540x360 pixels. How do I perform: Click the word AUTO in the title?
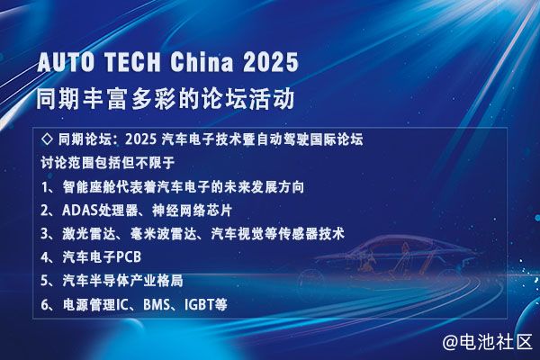tap(66, 62)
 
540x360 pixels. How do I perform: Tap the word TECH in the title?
tap(132, 62)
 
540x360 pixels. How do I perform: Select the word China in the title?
tap(202, 62)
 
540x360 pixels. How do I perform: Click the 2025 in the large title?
tap(271, 62)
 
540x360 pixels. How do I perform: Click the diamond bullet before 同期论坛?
tap(47, 139)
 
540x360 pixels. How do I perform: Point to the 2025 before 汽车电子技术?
tap(141, 139)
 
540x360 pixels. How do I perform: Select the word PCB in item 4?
tap(129, 257)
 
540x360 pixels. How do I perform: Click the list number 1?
tap(45, 187)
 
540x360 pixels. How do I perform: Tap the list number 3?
tap(45, 234)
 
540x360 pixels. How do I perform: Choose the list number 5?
tap(45, 281)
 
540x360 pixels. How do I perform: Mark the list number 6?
tap(45, 304)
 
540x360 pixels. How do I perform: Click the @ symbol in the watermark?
tap(450, 342)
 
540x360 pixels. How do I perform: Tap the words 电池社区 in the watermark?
tap(496, 342)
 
